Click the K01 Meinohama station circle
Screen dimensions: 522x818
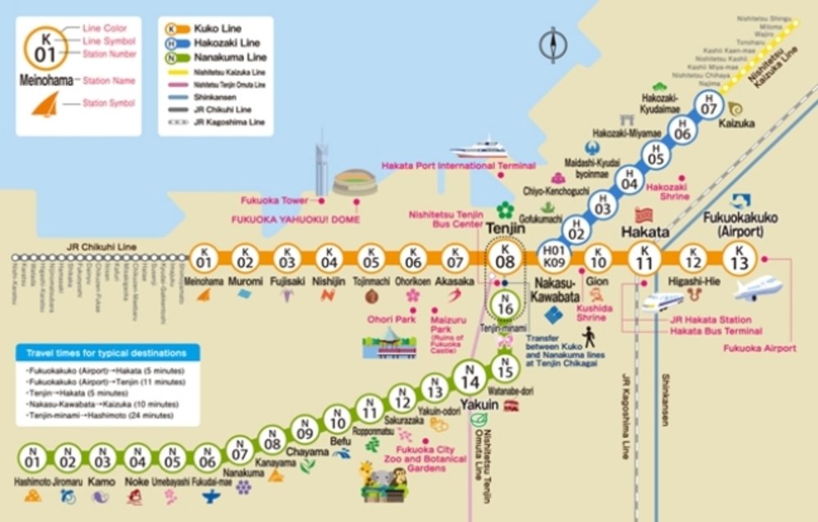(204, 259)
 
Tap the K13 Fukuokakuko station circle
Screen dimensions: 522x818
(740, 259)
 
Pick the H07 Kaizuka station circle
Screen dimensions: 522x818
(708, 104)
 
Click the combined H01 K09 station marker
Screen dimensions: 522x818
(555, 259)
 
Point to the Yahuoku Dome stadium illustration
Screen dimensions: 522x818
(355, 182)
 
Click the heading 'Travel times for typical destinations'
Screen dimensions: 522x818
(106, 353)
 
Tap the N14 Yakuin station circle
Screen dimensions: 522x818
(470, 382)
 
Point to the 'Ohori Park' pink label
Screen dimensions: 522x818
(393, 319)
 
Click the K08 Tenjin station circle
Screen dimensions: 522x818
(506, 259)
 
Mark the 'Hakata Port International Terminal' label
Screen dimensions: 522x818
(458, 166)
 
